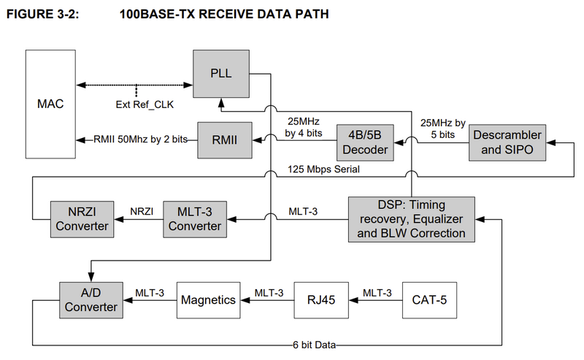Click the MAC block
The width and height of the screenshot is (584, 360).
tap(50, 104)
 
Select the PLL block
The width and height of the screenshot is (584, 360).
tap(221, 74)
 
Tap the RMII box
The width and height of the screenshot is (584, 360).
tap(225, 140)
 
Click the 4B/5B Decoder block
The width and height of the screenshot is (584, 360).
tap(365, 142)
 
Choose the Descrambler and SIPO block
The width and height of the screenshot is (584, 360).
tap(507, 142)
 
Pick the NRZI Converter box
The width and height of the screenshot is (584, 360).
tap(82, 220)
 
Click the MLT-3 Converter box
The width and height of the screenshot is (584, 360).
tap(195, 220)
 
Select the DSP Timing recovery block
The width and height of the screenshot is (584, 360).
tap(412, 220)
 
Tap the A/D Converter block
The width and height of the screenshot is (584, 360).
tap(91, 300)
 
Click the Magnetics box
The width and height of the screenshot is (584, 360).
tap(209, 300)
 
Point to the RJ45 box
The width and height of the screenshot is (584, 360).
tap(321, 300)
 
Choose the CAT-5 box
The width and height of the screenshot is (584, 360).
tap(429, 300)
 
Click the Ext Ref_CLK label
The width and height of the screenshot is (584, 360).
tap(145, 104)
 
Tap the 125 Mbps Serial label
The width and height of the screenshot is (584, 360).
tap(323, 169)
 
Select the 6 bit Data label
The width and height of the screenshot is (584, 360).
tap(315, 345)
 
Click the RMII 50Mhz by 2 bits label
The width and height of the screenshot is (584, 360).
tap(140, 139)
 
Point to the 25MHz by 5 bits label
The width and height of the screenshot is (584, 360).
tap(443, 129)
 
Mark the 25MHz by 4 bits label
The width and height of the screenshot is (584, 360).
tap(304, 128)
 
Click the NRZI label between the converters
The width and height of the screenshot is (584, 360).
tap(142, 212)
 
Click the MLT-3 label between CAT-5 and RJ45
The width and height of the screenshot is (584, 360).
tap(377, 293)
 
